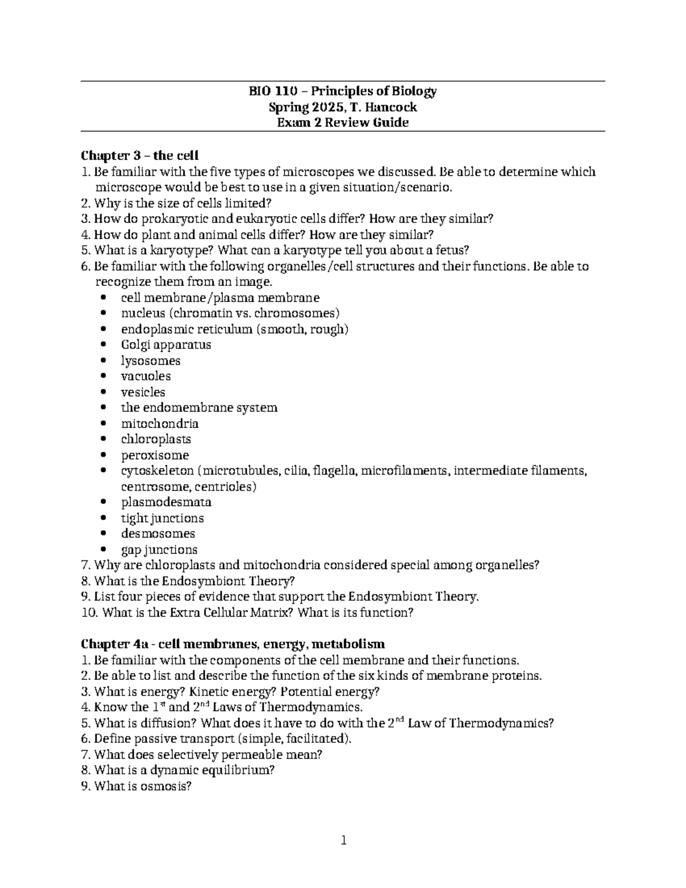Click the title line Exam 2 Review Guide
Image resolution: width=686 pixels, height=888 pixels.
342,122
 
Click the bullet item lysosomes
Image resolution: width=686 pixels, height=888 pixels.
150,361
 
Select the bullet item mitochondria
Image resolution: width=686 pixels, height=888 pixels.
159,424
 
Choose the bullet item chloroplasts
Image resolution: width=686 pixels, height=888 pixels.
155,439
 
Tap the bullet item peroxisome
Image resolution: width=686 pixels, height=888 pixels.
154,455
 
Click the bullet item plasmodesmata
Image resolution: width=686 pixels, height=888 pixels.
166,502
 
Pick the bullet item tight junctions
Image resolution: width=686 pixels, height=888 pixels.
162,518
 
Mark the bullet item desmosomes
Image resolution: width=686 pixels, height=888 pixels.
158,533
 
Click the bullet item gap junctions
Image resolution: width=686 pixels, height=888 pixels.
159,549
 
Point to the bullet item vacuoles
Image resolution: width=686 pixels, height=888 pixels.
146,376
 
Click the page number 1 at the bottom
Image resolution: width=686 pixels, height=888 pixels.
343,840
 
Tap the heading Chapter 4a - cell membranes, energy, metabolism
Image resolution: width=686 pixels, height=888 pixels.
233,644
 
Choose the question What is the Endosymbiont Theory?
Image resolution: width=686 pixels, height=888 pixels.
194,581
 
